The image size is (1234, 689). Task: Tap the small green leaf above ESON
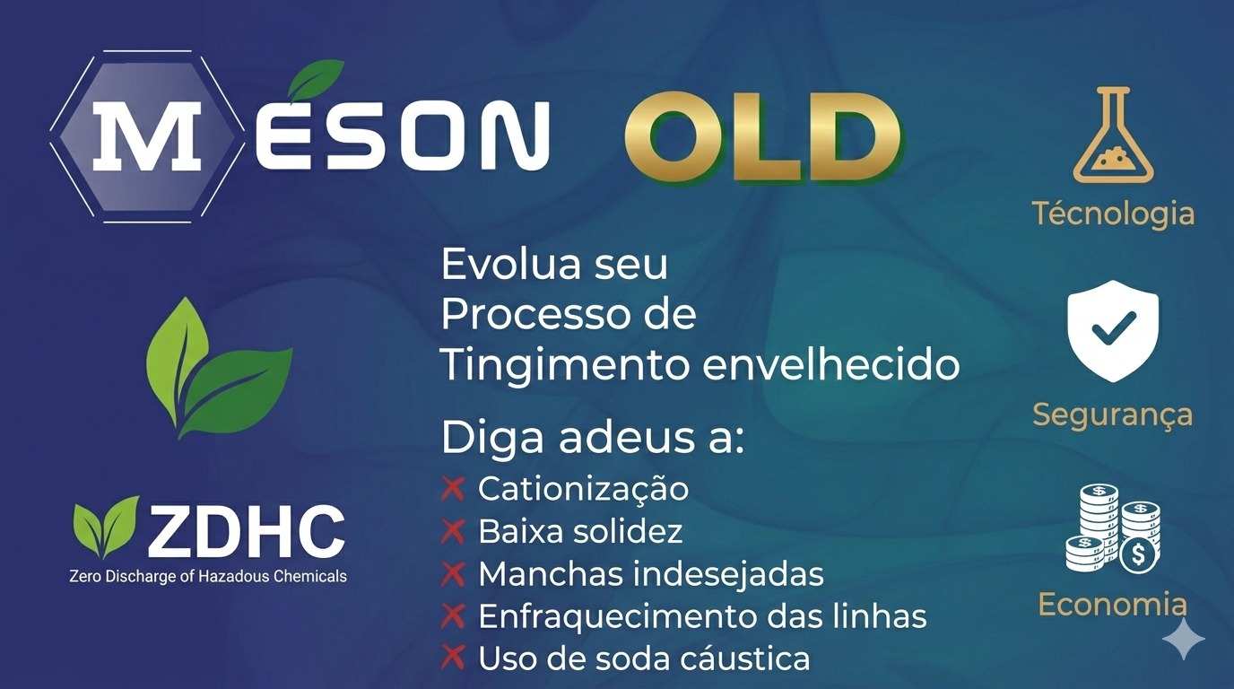click(315, 80)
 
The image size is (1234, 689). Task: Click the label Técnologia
click(1113, 214)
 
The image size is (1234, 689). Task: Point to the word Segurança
click(1113, 414)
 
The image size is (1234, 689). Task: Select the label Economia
click(1113, 605)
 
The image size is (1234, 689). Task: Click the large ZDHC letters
click(246, 532)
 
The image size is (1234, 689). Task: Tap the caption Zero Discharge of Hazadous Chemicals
click(208, 576)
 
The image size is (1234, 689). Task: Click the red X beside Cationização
click(453, 489)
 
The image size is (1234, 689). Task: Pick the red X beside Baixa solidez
click(453, 531)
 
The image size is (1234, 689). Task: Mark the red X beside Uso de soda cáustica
click(453, 658)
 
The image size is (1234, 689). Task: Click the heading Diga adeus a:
click(593, 440)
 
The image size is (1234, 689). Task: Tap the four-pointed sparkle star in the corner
click(1184, 638)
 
